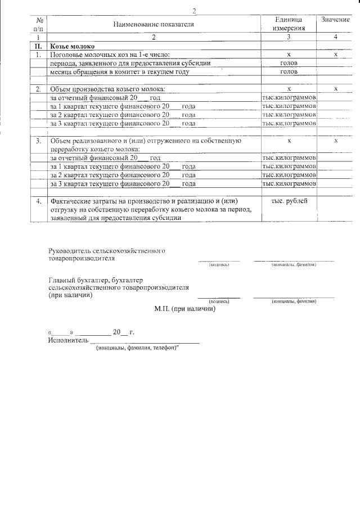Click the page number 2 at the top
pyautogui.click(x=194, y=11)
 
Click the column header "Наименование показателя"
pyautogui.click(x=153, y=25)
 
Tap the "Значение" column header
pyautogui.click(x=335, y=20)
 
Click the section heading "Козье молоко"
pyautogui.click(x=73, y=46)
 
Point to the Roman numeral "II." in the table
pyautogui.click(x=38, y=46)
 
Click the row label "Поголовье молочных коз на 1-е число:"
pyautogui.click(x=110, y=55)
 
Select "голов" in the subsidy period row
pyautogui.click(x=289, y=64)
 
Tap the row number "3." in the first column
pyautogui.click(x=38, y=141)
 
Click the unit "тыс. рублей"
pyautogui.click(x=289, y=201)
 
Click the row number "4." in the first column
pyautogui.click(x=38, y=201)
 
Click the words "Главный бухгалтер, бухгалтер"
pyautogui.click(x=96, y=280)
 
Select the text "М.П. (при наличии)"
pyautogui.click(x=184, y=308)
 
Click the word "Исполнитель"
pyautogui.click(x=68, y=340)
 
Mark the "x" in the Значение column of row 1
pyautogui.click(x=335, y=55)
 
